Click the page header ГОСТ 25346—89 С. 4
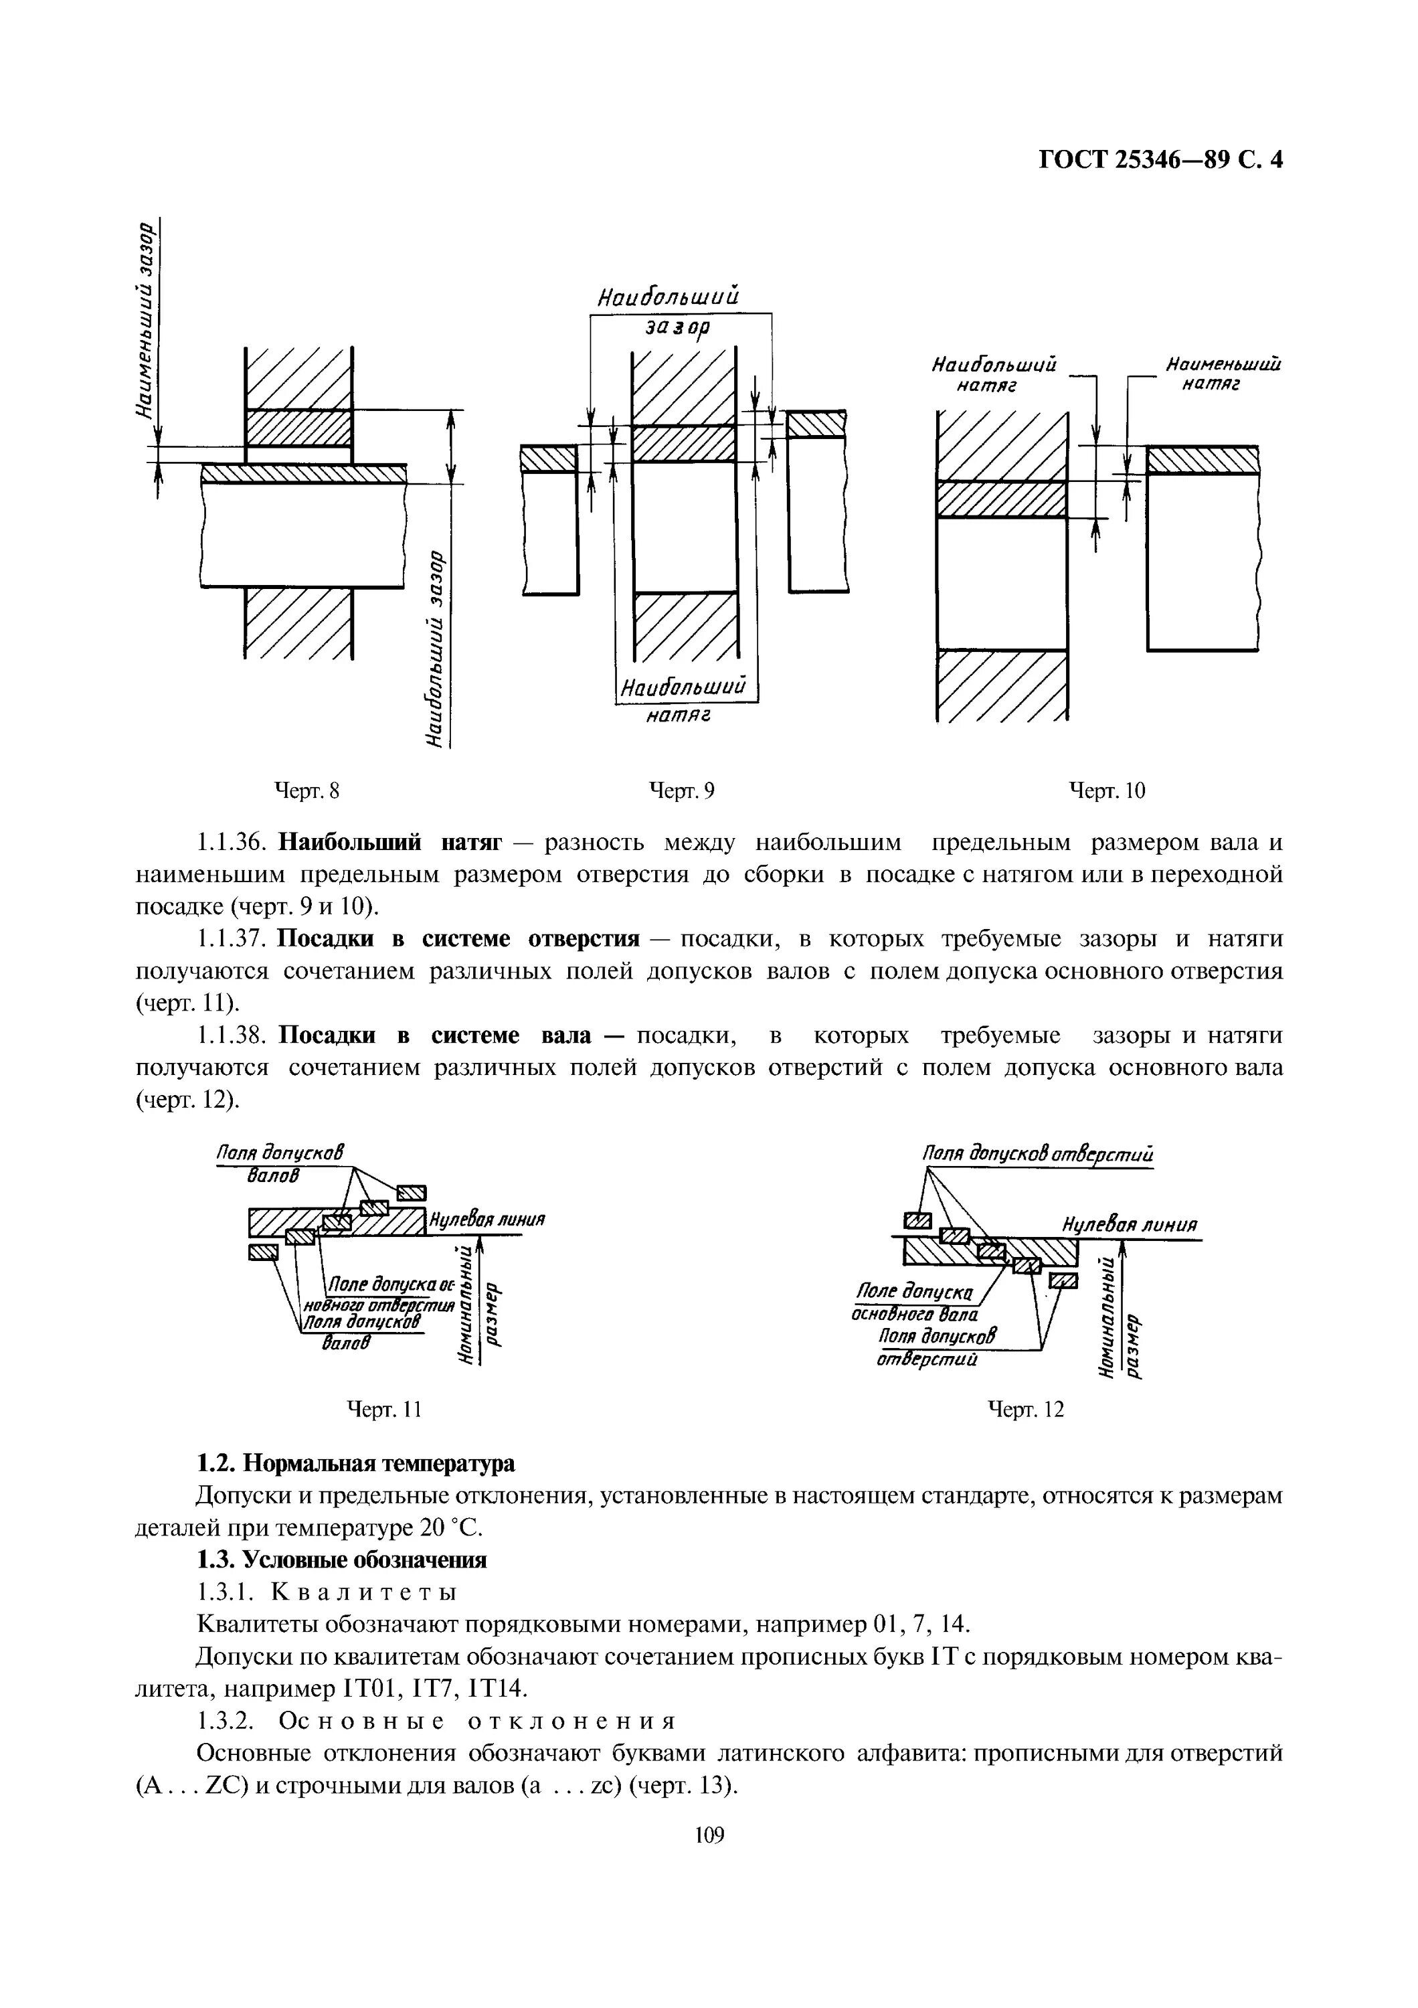pyautogui.click(x=1160, y=160)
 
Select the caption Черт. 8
pyautogui.click(x=307, y=790)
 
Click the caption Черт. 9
pyautogui.click(x=682, y=790)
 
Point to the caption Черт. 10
pyautogui.click(x=1107, y=790)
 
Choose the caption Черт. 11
pyautogui.click(x=385, y=1409)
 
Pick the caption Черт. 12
pyautogui.click(x=1025, y=1409)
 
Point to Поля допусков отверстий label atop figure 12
pyautogui.click(x=1039, y=1155)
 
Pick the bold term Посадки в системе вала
pyautogui.click(x=434, y=1035)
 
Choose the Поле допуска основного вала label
pyautogui.click(x=913, y=1301)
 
